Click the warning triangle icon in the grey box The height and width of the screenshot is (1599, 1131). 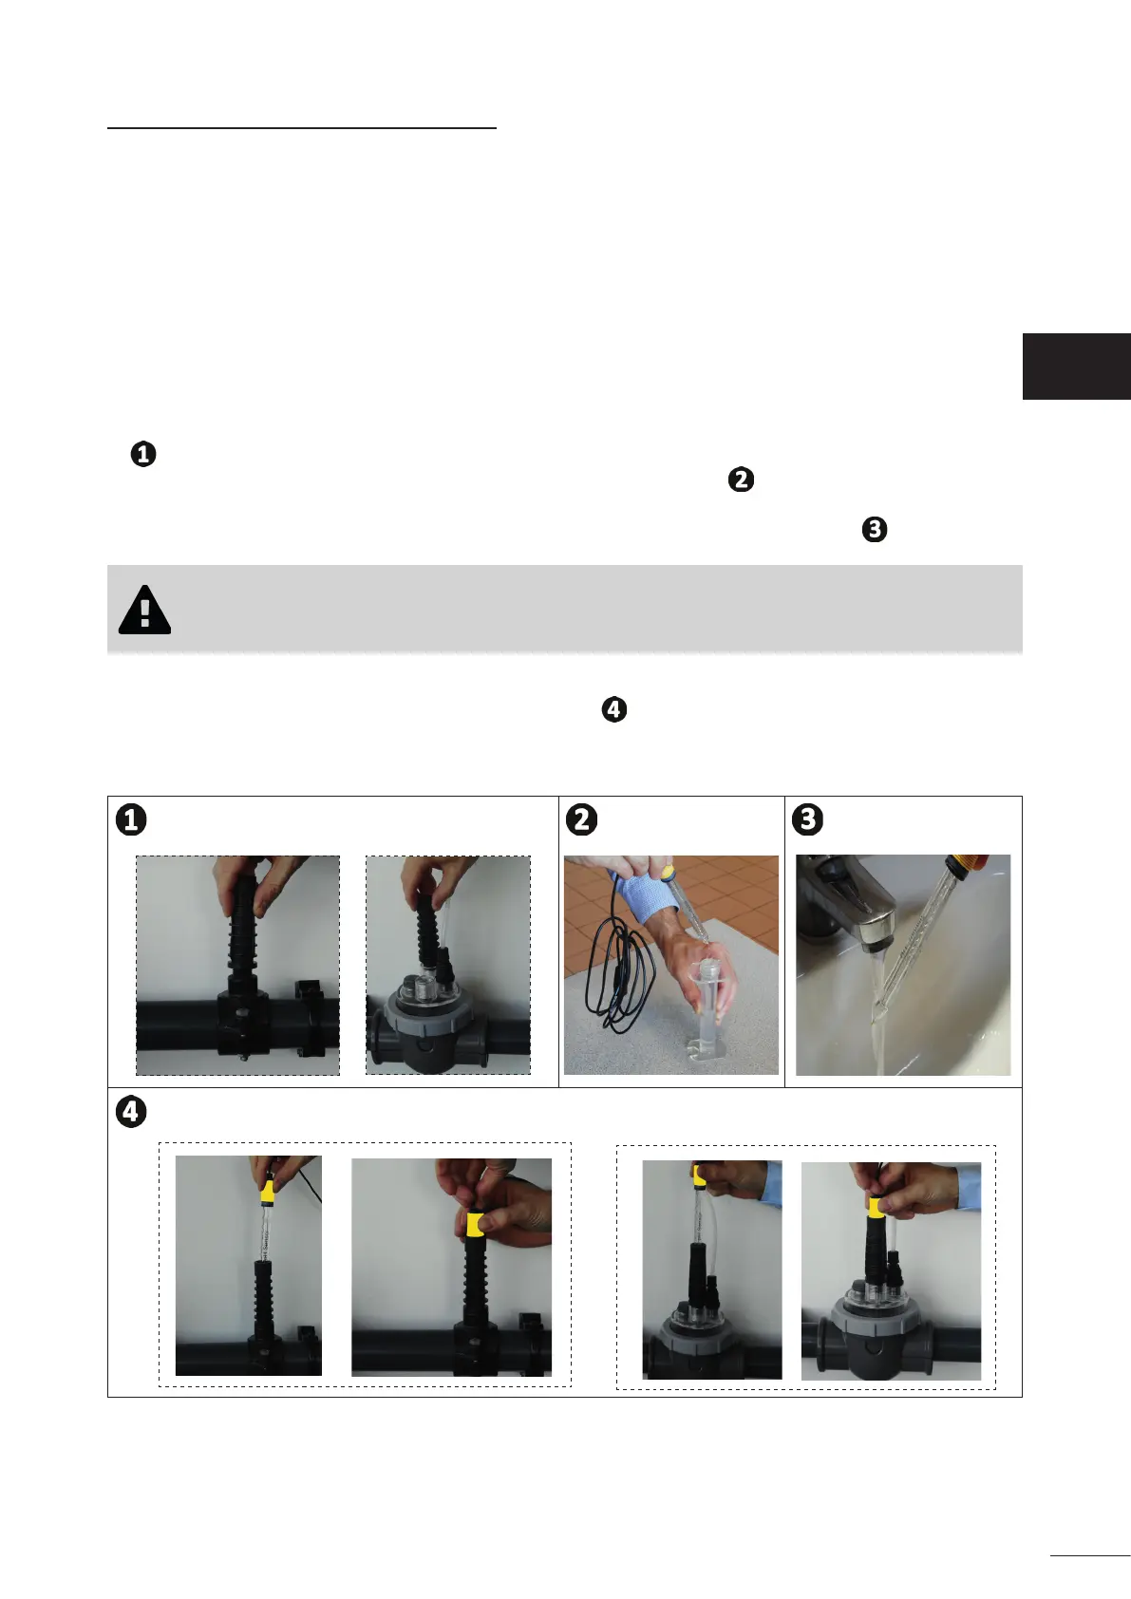click(144, 611)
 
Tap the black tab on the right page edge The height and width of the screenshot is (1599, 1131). click(1077, 367)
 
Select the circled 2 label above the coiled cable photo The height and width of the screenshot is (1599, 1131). click(581, 819)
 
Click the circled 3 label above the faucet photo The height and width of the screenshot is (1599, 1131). click(807, 819)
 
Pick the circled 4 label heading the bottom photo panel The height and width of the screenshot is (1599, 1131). click(131, 1112)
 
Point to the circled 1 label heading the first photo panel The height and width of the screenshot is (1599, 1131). click(131, 819)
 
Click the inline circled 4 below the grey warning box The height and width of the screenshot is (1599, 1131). click(614, 709)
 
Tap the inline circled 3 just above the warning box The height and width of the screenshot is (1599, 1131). click(875, 530)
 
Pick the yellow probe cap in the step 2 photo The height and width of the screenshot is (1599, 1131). click(667, 872)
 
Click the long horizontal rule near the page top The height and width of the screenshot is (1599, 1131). click(301, 128)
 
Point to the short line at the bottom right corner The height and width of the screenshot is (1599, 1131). click(1090, 1555)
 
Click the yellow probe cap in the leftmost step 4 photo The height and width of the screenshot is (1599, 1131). click(267, 1191)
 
